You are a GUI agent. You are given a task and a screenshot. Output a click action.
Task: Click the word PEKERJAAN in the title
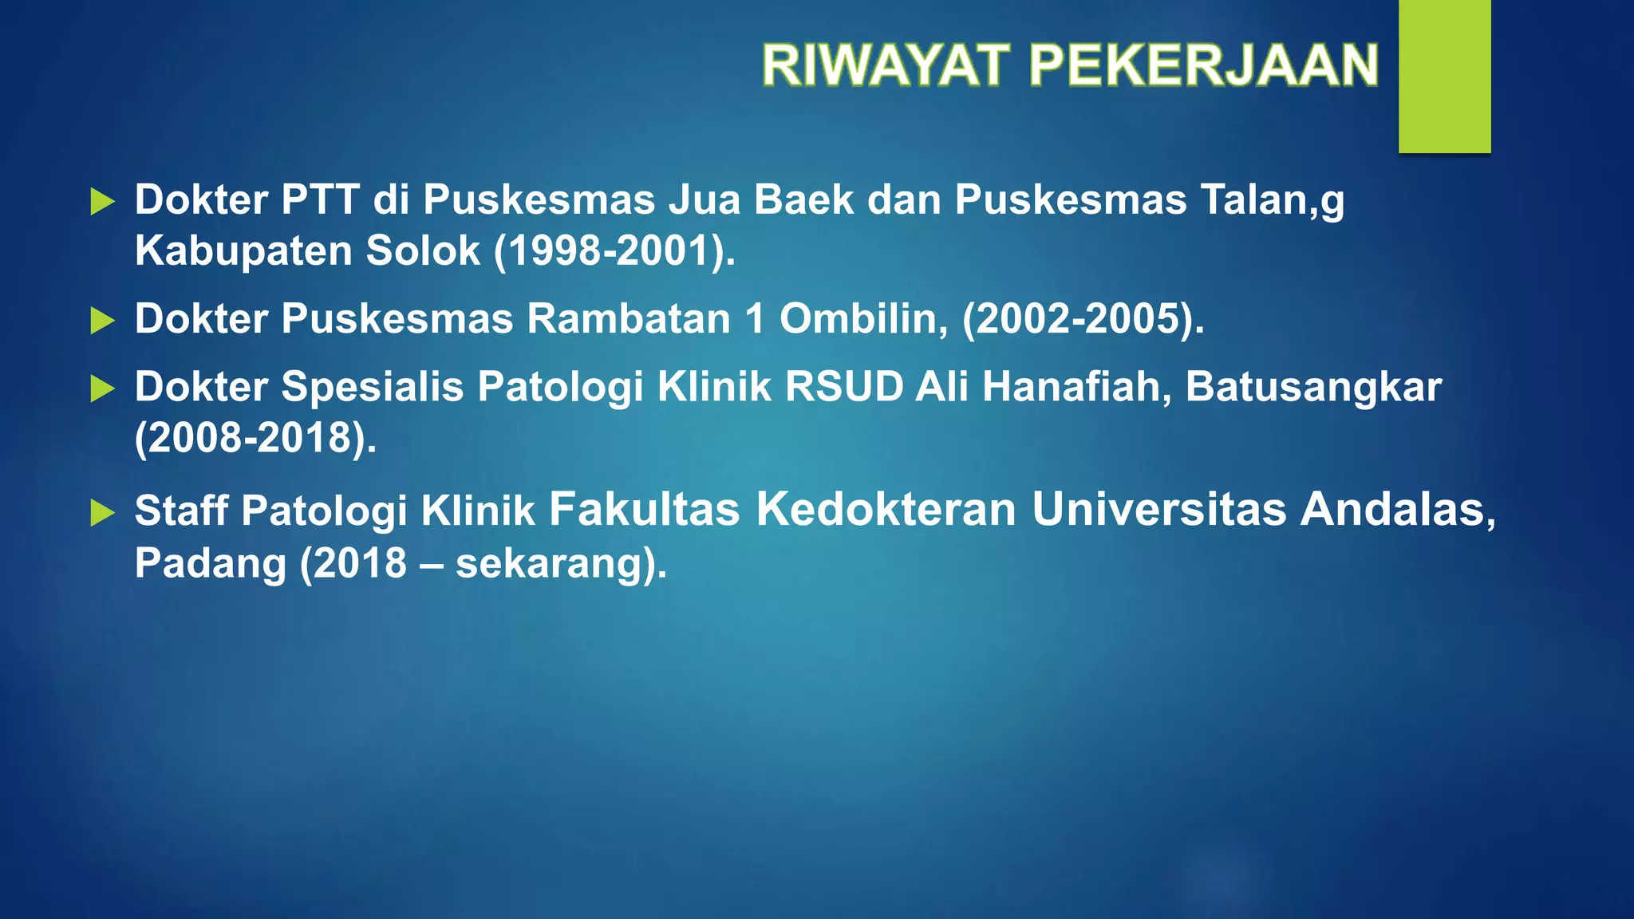pos(1204,65)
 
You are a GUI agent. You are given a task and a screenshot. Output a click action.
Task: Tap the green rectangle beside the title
pos(1444,76)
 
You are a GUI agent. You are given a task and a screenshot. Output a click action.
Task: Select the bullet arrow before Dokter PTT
pos(102,202)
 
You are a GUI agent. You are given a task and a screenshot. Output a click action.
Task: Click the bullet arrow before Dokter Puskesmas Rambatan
pos(102,321)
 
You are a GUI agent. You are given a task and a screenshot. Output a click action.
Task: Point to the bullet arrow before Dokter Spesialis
pos(102,389)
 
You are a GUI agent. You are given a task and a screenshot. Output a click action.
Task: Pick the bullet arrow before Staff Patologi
pos(102,513)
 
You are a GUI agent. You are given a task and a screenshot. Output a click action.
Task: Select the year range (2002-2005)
pos(1083,319)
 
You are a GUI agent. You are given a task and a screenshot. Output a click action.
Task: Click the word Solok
pos(423,251)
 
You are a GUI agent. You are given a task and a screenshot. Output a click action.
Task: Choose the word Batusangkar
pos(1313,387)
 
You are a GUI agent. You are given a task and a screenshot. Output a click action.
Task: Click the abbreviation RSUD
pos(844,387)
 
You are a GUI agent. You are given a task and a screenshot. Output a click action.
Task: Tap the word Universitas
pos(1158,509)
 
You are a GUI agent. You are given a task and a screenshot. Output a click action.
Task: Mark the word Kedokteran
pos(886,509)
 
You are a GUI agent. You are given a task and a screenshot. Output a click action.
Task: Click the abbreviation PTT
pos(320,199)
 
